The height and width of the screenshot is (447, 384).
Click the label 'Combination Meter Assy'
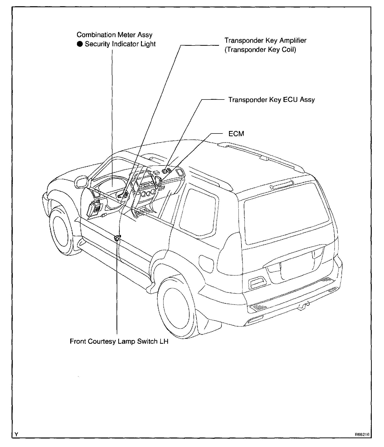[114, 35]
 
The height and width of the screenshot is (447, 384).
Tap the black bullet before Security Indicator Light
[80, 44]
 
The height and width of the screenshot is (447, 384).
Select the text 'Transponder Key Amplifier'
[265, 40]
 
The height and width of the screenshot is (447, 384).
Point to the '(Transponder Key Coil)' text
[260, 50]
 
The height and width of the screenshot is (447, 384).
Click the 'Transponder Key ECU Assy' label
[271, 100]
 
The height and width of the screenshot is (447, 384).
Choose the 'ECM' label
[236, 134]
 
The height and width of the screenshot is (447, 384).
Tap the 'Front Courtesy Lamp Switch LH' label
[119, 341]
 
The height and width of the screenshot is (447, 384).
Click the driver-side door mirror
[81, 182]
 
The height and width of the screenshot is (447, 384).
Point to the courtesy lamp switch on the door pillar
[117, 238]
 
